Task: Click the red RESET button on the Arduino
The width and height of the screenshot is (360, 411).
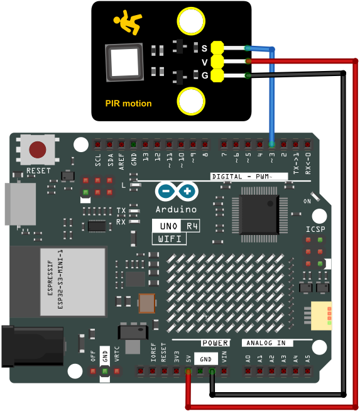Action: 38,150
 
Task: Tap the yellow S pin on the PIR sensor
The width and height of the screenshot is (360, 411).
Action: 217,48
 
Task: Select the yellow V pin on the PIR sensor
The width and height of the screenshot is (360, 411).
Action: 217,62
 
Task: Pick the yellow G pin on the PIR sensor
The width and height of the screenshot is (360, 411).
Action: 217,75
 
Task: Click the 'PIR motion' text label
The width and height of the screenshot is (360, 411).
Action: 128,104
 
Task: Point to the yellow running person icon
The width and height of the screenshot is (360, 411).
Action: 128,22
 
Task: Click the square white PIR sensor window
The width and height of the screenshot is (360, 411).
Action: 124,62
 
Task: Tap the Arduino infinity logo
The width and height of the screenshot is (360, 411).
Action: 177,191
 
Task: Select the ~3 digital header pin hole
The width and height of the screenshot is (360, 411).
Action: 271,144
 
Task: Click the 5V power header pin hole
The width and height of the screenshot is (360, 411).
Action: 188,371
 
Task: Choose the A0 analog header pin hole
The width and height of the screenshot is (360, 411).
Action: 248,371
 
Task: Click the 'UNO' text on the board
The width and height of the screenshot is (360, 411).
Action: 168,226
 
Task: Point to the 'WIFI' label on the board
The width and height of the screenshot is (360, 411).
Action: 170,239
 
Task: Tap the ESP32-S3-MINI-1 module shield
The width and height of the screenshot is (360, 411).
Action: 73,282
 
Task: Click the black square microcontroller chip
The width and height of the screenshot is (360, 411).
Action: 259,214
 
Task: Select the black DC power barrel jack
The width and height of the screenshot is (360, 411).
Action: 33,346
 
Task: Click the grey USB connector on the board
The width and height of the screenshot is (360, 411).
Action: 20,204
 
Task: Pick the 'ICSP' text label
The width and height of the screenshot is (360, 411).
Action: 316,229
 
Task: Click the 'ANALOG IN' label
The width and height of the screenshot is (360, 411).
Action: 266,343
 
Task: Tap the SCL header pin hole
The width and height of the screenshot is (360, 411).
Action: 98,144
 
